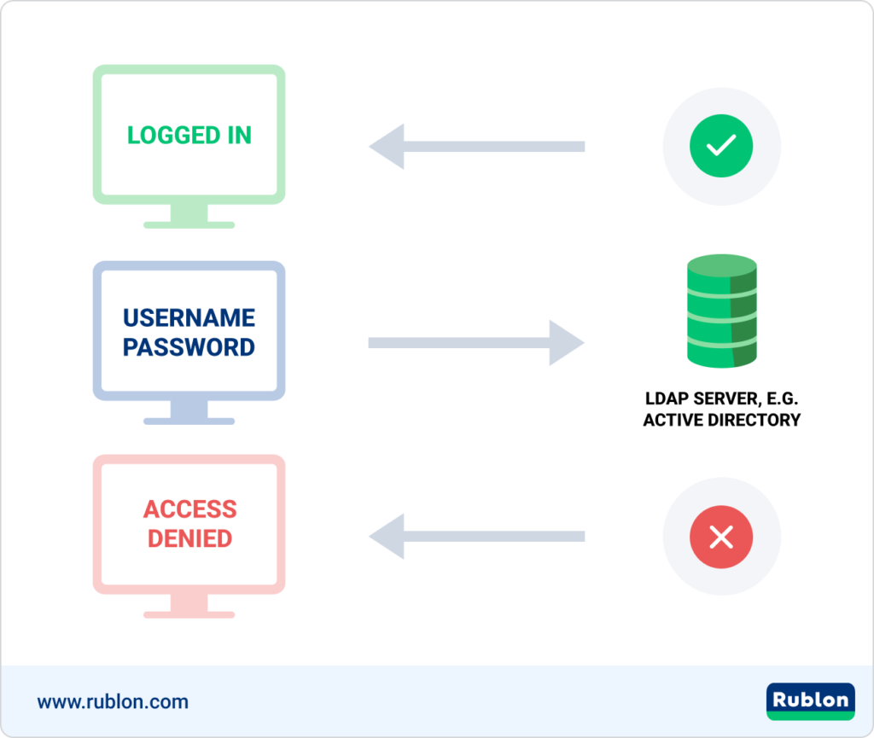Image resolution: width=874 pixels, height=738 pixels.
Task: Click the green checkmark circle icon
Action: pyautogui.click(x=721, y=146)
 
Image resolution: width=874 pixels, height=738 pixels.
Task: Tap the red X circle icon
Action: pyautogui.click(x=721, y=537)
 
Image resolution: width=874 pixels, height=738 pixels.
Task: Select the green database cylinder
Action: pyautogui.click(x=721, y=312)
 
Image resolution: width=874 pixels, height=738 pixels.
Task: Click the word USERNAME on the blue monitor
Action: pyautogui.click(x=189, y=318)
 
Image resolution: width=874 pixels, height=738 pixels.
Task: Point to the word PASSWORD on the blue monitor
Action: pyautogui.click(x=189, y=347)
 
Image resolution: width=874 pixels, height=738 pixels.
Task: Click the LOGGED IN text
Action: pyautogui.click(x=189, y=136)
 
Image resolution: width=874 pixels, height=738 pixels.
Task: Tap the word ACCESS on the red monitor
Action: pyautogui.click(x=189, y=509)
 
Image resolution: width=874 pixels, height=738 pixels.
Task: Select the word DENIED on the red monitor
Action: pyautogui.click(x=189, y=539)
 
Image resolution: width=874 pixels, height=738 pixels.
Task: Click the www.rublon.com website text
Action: pyautogui.click(x=113, y=702)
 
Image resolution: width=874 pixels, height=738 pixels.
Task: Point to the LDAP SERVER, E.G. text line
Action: pyautogui.click(x=721, y=398)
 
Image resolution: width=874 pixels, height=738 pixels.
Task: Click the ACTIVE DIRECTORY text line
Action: pyautogui.click(x=721, y=420)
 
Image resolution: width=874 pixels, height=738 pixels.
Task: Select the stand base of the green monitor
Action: pyautogui.click(x=189, y=224)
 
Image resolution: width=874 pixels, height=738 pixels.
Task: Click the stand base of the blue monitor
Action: pyautogui.click(x=189, y=421)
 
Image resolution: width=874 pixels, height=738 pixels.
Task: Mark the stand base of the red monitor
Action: pyautogui.click(x=189, y=614)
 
